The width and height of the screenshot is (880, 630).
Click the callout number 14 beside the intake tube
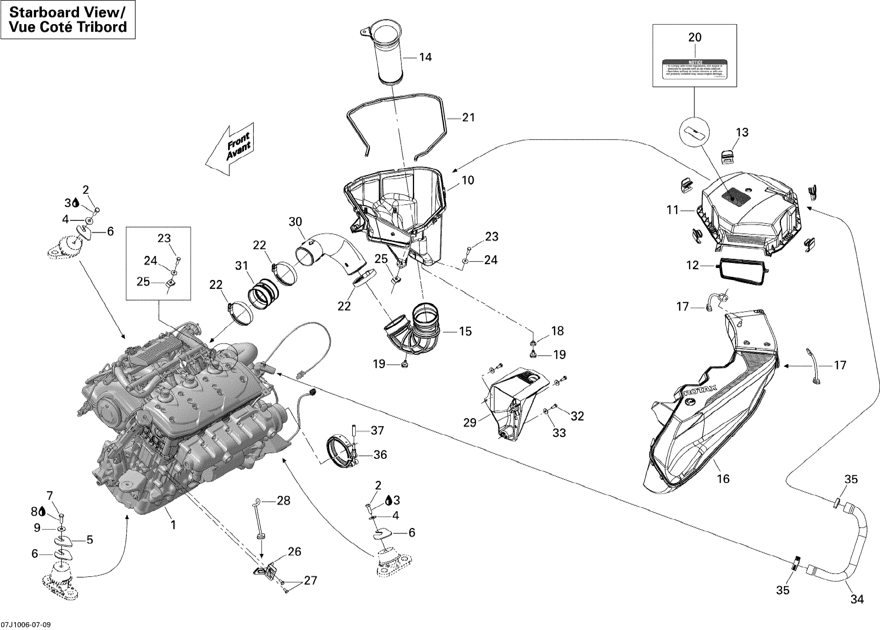click(x=425, y=57)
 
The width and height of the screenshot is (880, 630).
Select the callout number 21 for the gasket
click(x=468, y=117)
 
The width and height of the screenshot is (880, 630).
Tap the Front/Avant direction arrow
click(x=232, y=149)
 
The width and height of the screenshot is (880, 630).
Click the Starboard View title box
click(x=68, y=20)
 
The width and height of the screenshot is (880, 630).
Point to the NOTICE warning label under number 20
click(x=695, y=69)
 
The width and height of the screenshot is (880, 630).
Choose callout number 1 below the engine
click(x=173, y=525)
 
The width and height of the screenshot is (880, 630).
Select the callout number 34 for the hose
click(x=857, y=599)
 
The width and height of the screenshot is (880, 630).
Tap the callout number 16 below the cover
click(x=723, y=479)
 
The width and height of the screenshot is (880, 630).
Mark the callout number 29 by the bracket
click(x=470, y=422)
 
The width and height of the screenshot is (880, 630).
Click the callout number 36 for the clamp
click(x=380, y=454)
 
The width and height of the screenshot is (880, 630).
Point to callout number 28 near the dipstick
click(x=283, y=501)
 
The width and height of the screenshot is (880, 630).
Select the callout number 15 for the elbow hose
click(x=465, y=331)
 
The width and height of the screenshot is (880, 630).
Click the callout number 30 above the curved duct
click(x=295, y=222)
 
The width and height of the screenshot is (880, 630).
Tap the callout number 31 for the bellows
click(x=242, y=266)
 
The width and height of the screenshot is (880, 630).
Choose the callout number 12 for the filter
click(x=692, y=265)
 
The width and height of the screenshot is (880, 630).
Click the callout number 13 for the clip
click(x=742, y=132)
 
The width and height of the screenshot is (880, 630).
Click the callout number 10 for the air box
click(x=468, y=180)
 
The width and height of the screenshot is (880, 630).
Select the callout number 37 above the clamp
click(x=377, y=430)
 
